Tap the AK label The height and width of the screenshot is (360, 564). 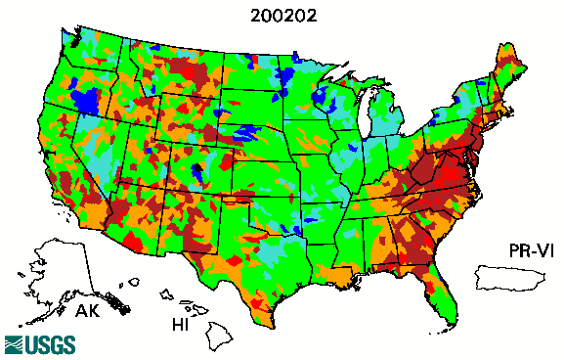coord(90,312)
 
